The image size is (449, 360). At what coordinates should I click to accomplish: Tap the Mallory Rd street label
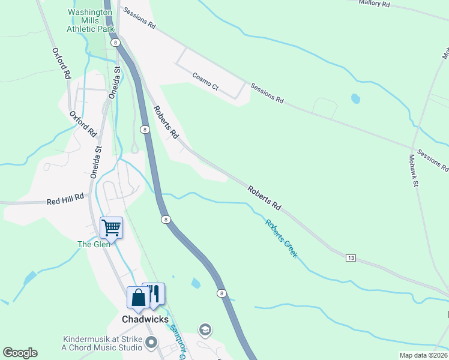coord(374,4)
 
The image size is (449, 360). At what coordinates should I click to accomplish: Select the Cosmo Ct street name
coord(205,81)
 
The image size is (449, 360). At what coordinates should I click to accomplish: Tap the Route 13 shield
coord(351,257)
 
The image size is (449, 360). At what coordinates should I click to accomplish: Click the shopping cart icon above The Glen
coord(111,228)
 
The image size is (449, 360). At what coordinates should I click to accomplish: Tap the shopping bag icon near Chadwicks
coord(138,298)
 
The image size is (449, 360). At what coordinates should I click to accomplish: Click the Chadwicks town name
coord(145,319)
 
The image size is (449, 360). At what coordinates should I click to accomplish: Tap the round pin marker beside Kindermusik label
coord(151,344)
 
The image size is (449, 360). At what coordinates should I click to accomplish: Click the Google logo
coord(20,353)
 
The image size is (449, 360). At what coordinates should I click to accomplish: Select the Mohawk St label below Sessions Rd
coord(414,170)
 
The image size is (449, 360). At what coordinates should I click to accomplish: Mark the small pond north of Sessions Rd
coord(355,98)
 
